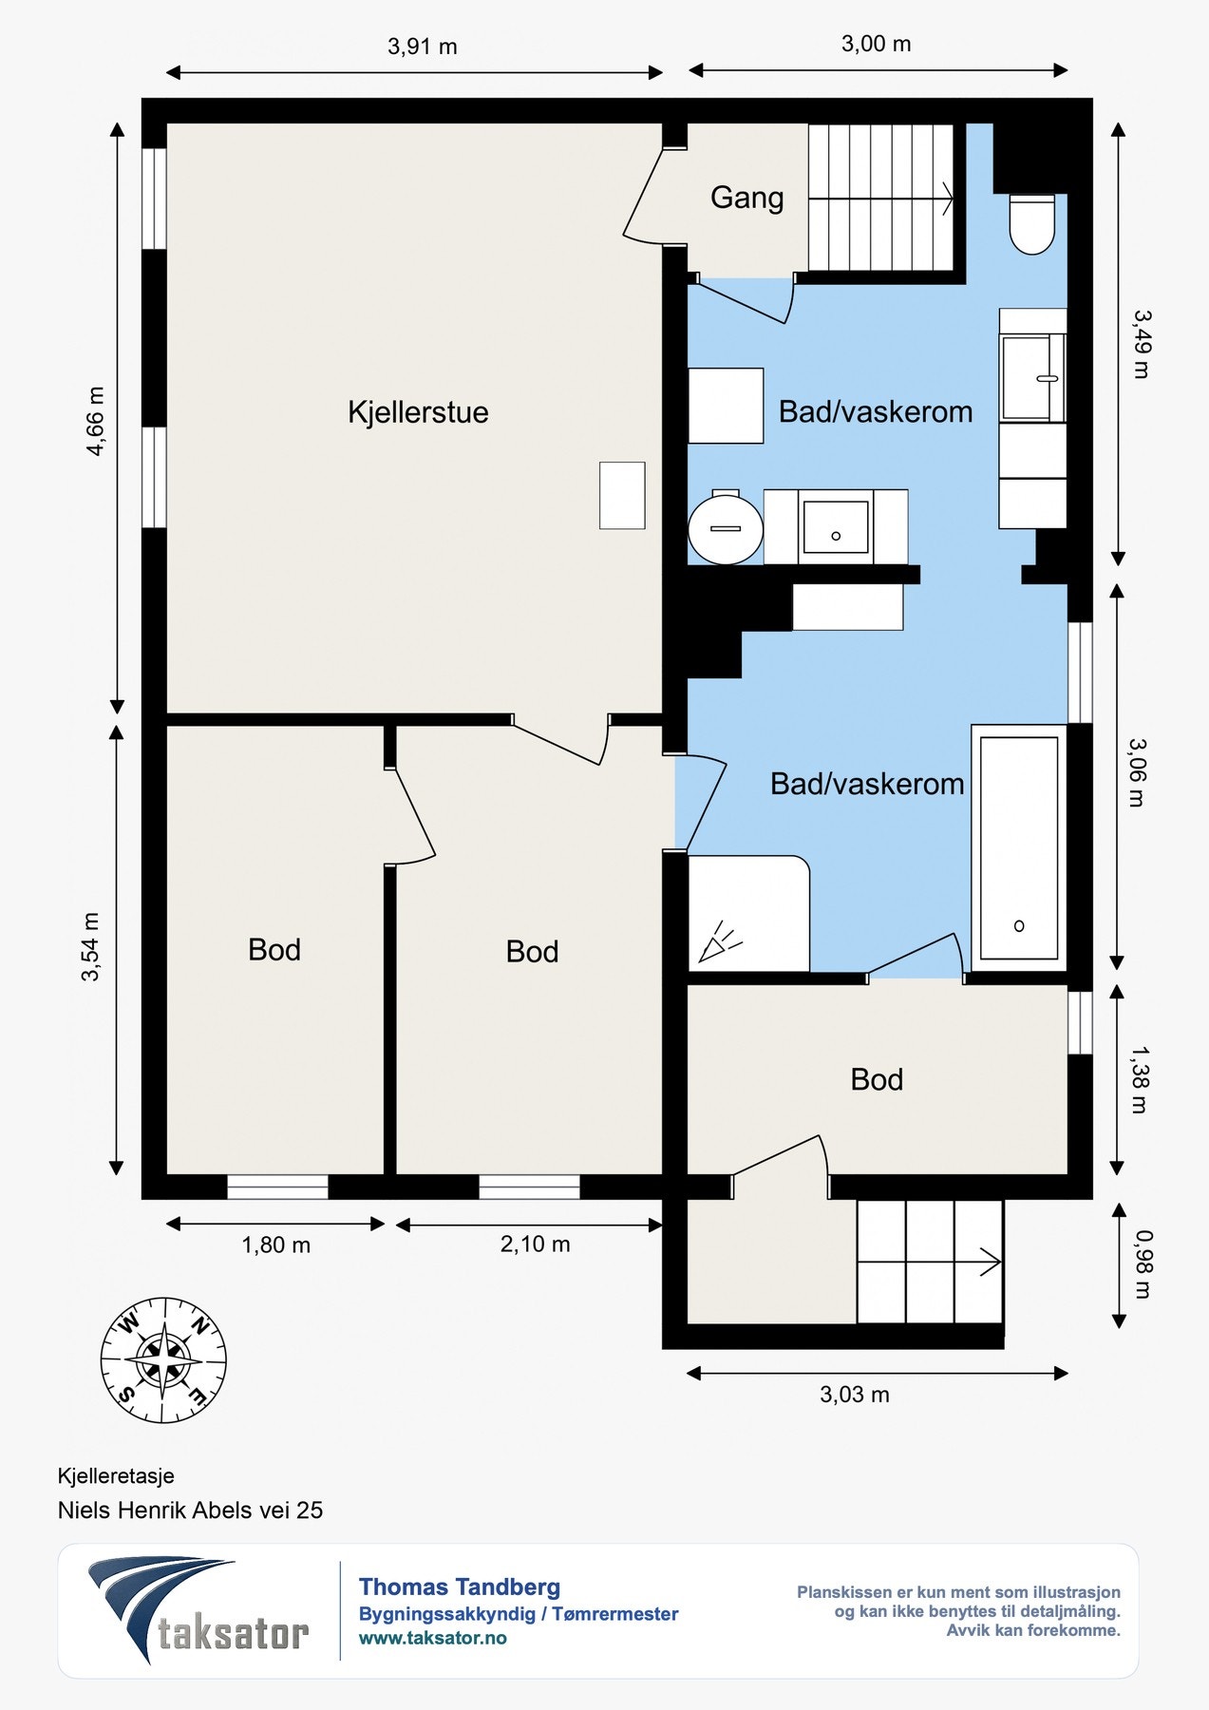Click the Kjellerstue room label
pos(418,412)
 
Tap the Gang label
pos(747,198)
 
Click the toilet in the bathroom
pos(1032,225)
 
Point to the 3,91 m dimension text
pos(423,47)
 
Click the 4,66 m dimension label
pos(96,422)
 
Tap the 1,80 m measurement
pos(276,1244)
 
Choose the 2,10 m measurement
pos(536,1244)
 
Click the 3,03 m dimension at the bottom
pos(855,1395)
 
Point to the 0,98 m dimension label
pos(1142,1264)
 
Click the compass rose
pos(163,1359)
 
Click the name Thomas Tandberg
pos(460,1586)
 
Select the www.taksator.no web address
pos(433,1638)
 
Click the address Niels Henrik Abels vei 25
pos(190,1510)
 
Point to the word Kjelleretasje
pos(116,1476)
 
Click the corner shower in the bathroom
pos(748,914)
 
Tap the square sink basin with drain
pos(836,526)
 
